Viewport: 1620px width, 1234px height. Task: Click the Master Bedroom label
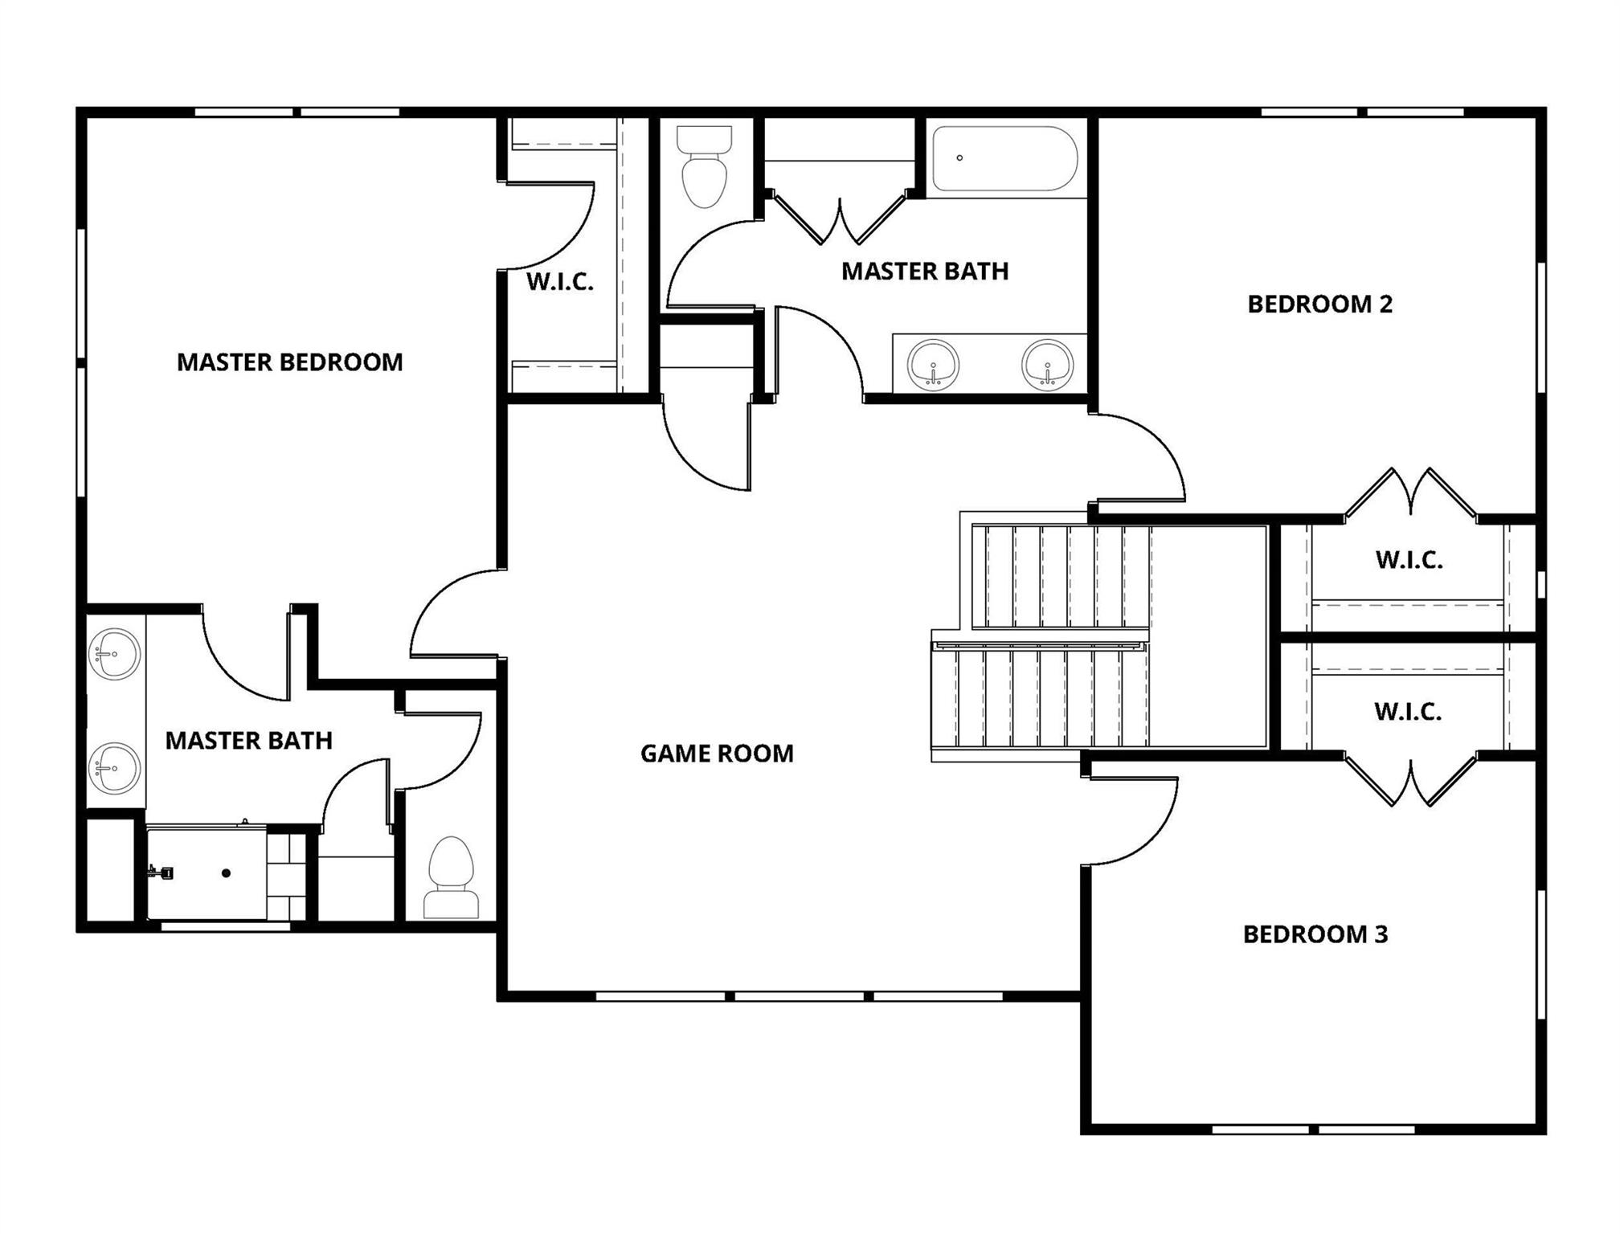tap(289, 362)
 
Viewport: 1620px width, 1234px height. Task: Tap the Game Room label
tap(717, 754)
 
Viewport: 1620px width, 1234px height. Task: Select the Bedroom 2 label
tap(1319, 304)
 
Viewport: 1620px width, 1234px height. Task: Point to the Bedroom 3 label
tap(1315, 934)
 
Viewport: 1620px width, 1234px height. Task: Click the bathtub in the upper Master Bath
tap(1004, 158)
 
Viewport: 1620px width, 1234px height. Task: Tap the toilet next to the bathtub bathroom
tap(704, 166)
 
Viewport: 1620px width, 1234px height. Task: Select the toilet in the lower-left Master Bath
tap(452, 878)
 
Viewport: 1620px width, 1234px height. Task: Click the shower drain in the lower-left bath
tap(227, 873)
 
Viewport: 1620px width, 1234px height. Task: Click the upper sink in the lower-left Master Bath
tap(115, 654)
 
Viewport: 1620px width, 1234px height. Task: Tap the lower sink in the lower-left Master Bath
tap(115, 768)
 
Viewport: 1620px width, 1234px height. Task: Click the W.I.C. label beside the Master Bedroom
tap(560, 283)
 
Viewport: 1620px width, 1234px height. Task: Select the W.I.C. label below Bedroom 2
tap(1409, 561)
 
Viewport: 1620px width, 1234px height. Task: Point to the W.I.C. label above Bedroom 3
tap(1407, 712)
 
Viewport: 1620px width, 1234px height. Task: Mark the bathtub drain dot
tap(959, 158)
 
